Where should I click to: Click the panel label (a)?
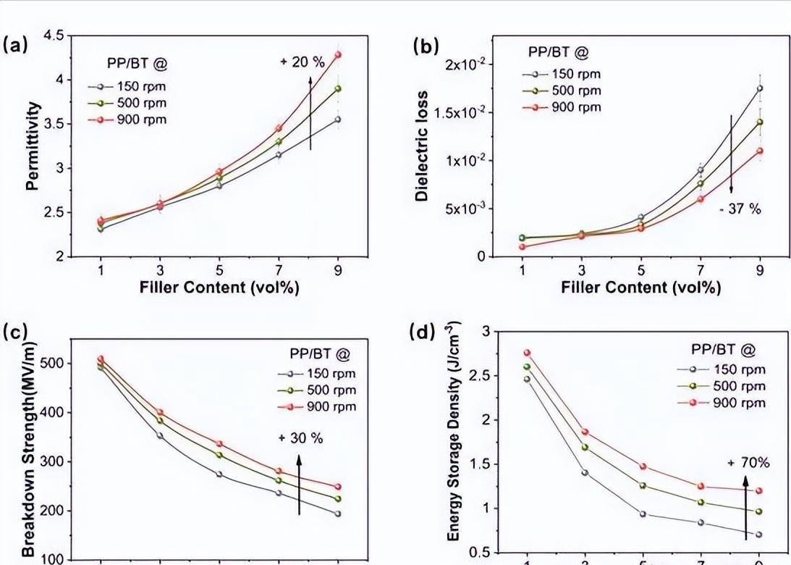point(16,45)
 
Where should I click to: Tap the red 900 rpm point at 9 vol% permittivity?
point(337,54)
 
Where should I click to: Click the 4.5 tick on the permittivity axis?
point(54,35)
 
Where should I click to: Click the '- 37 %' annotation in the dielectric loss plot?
point(741,209)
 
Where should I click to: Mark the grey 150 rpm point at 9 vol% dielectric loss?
point(760,88)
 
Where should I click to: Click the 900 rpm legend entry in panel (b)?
point(564,107)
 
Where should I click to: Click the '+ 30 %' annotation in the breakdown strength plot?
point(300,438)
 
